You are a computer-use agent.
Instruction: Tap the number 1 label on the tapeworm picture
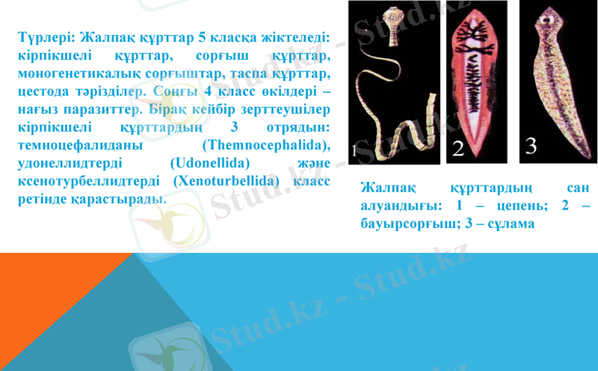[354, 150]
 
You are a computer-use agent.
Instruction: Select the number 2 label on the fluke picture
[458, 148]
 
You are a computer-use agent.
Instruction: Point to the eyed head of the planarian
[554, 16]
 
